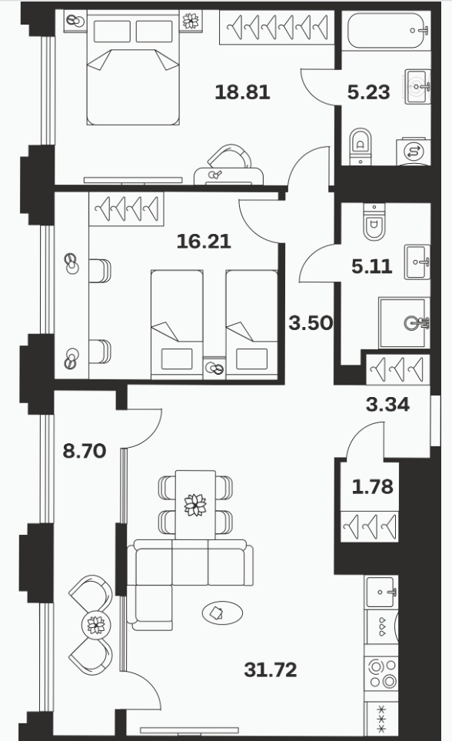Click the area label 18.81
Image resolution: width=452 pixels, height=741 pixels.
tap(242, 92)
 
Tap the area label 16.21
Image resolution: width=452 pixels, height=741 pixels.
tap(204, 242)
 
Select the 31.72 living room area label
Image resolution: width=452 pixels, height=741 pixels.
tap(271, 669)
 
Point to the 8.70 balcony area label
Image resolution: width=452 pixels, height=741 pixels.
tap(85, 451)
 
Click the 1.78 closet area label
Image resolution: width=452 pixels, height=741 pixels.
tap(373, 486)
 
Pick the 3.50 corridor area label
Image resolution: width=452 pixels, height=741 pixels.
tap(311, 323)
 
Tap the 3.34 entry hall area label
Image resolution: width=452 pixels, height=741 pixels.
tap(387, 405)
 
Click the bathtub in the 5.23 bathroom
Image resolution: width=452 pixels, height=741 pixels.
tap(387, 31)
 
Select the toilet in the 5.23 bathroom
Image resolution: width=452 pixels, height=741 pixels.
tap(361, 145)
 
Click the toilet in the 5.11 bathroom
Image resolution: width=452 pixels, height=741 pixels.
tap(374, 222)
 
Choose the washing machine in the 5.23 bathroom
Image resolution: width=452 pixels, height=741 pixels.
tap(414, 152)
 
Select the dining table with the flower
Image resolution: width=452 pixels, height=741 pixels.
tap(195, 505)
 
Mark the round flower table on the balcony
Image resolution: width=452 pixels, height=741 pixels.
tap(96, 626)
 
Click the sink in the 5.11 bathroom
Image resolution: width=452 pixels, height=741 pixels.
tap(417, 262)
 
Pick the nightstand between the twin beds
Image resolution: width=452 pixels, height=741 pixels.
tap(214, 368)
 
